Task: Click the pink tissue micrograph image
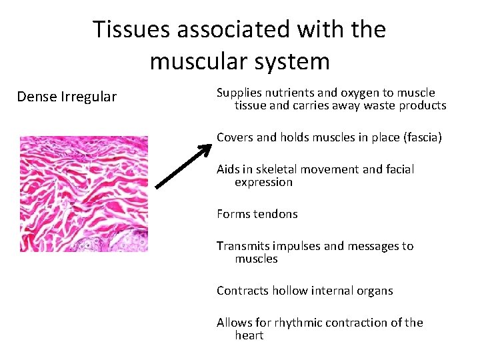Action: click(x=83, y=193)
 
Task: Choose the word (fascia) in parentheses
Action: click(x=419, y=137)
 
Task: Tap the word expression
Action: click(x=263, y=182)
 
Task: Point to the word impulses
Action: click(x=297, y=246)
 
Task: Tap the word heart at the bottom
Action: click(x=249, y=335)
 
